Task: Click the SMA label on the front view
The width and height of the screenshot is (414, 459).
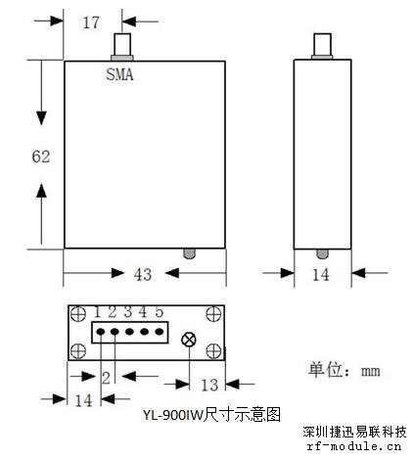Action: [119, 74]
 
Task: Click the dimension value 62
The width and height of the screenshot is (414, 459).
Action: [41, 157]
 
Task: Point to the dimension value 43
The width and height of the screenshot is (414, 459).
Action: [143, 274]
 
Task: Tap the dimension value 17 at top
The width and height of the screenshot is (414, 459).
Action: [91, 23]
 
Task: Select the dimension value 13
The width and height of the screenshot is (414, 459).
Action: [209, 385]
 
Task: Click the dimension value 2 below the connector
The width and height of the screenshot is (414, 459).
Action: [107, 378]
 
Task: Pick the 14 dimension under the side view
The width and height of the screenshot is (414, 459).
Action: [321, 275]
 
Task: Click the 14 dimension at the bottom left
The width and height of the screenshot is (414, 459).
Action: [84, 400]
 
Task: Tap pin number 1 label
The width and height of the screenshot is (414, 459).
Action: [97, 312]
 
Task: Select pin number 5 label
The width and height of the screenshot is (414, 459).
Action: [159, 312]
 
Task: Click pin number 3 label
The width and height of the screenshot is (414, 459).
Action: [128, 312]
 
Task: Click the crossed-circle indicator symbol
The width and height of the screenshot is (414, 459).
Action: [189, 340]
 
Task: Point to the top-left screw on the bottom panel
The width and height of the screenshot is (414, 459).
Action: [78, 314]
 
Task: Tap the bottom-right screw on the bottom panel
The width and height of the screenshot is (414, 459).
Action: [214, 351]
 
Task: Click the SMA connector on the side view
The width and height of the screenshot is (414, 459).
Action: [322, 46]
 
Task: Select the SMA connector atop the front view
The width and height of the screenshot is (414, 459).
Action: [122, 47]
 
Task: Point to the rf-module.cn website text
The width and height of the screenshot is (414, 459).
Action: [354, 446]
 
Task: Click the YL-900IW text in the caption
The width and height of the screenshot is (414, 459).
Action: [172, 415]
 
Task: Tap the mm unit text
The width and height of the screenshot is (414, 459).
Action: [371, 371]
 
